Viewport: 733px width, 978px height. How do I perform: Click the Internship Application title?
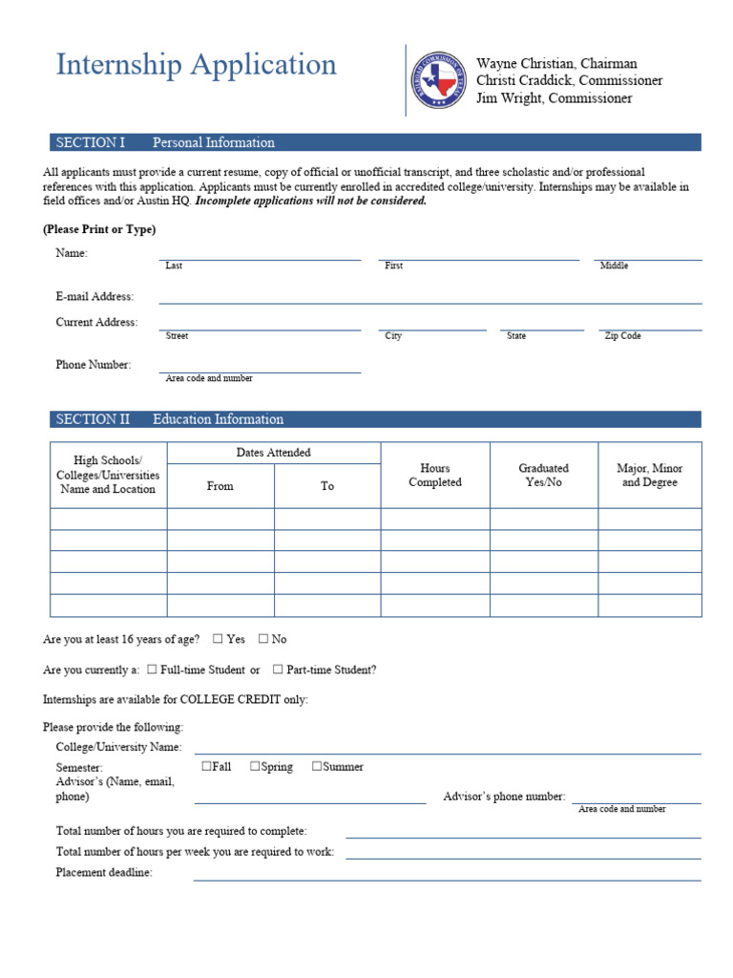click(x=196, y=65)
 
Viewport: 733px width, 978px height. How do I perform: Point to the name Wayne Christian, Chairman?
click(x=556, y=64)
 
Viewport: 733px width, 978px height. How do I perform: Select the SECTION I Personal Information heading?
click(x=165, y=142)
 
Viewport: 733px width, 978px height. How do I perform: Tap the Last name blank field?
click(x=260, y=252)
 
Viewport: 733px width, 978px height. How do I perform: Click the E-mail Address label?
click(x=94, y=297)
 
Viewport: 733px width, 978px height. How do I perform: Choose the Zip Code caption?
click(x=622, y=336)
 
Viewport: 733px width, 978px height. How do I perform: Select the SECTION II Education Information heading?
click(x=169, y=419)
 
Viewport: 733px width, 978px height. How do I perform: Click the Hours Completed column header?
click(x=435, y=476)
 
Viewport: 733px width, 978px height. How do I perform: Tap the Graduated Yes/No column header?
click(x=543, y=476)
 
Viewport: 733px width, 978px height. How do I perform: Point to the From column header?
click(x=220, y=486)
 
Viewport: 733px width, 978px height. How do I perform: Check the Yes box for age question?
click(x=218, y=639)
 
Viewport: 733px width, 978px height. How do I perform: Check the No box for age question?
click(x=263, y=639)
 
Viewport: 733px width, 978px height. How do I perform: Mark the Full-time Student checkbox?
click(x=153, y=670)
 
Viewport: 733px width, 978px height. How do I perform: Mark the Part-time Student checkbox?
click(x=278, y=670)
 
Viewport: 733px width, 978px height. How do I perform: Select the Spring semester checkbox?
click(x=255, y=766)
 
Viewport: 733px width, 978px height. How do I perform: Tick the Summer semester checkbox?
click(x=317, y=766)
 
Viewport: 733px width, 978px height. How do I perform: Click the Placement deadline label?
click(x=104, y=873)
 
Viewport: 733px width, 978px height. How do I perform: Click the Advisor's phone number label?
click(x=504, y=797)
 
